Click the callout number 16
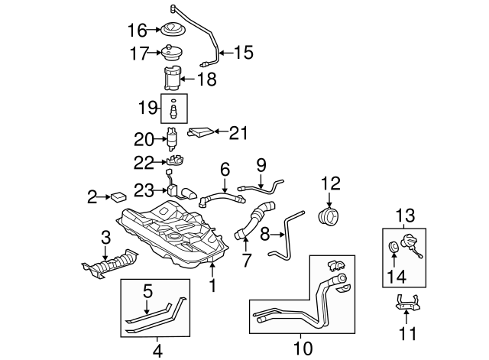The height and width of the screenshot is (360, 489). (137, 31)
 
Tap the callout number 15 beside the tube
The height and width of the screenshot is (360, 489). (242, 53)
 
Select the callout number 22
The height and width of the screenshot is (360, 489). (144, 161)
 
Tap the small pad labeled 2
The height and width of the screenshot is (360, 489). (118, 196)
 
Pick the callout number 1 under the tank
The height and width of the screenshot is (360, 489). (213, 287)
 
